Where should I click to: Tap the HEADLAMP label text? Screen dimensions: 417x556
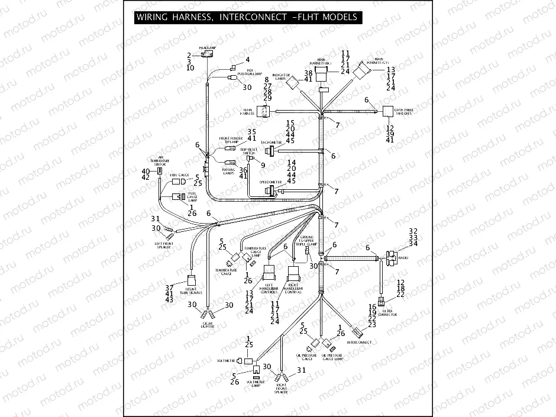[x=206, y=47]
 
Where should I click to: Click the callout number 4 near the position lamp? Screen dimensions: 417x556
[x=248, y=60]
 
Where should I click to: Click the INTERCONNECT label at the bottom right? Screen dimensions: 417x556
[x=359, y=342]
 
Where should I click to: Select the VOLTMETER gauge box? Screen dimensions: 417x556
[x=248, y=360]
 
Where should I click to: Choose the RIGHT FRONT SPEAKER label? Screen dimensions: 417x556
[x=281, y=389]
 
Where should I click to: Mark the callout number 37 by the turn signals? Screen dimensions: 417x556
[x=169, y=287]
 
